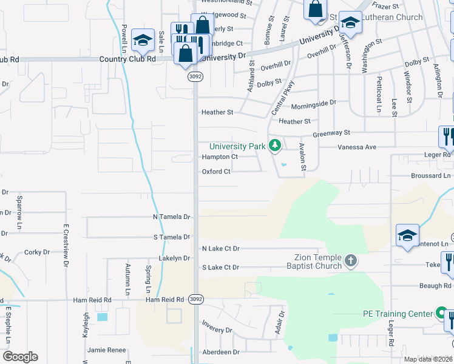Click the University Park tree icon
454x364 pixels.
(275, 145)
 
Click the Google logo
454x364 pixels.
(20, 357)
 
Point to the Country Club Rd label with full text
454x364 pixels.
(127, 59)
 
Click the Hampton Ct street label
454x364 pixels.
(220, 157)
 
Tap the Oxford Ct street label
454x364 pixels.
(216, 172)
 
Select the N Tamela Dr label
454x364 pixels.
(171, 217)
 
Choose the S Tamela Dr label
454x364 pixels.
(172, 237)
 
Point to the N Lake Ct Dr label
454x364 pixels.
(221, 249)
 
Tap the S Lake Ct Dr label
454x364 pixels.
(221, 267)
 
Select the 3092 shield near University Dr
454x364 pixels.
(194, 77)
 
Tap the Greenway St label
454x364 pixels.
(331, 132)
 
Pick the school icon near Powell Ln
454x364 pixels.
(143, 40)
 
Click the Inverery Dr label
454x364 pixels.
(217, 330)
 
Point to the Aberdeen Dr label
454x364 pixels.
(221, 352)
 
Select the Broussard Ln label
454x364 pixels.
(426, 175)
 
